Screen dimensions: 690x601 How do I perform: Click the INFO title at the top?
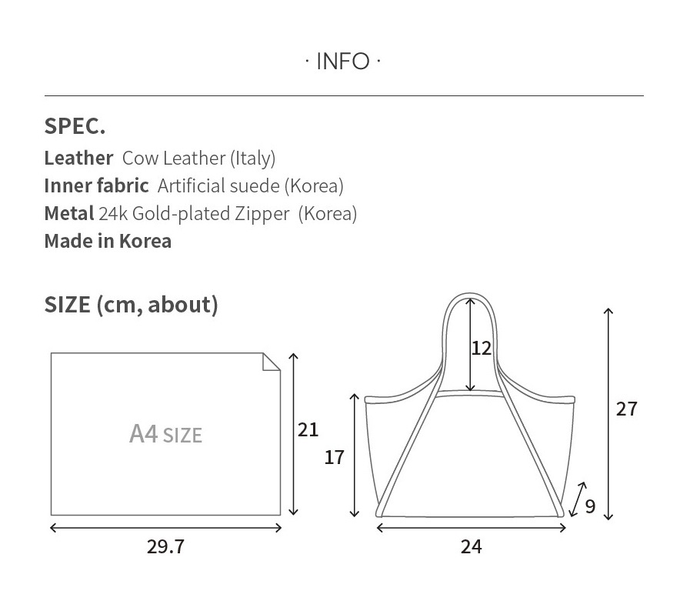pos(343,62)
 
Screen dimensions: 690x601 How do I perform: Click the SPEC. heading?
pos(75,126)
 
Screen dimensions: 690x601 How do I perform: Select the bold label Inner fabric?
pos(96,185)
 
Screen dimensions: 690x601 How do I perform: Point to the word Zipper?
pos(262,214)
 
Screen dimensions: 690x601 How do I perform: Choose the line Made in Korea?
pos(108,242)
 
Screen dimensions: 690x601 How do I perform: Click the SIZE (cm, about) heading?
pos(131,305)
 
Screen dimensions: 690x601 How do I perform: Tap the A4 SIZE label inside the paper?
pos(166,434)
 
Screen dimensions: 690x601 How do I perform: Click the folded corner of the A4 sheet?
pos(271,362)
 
